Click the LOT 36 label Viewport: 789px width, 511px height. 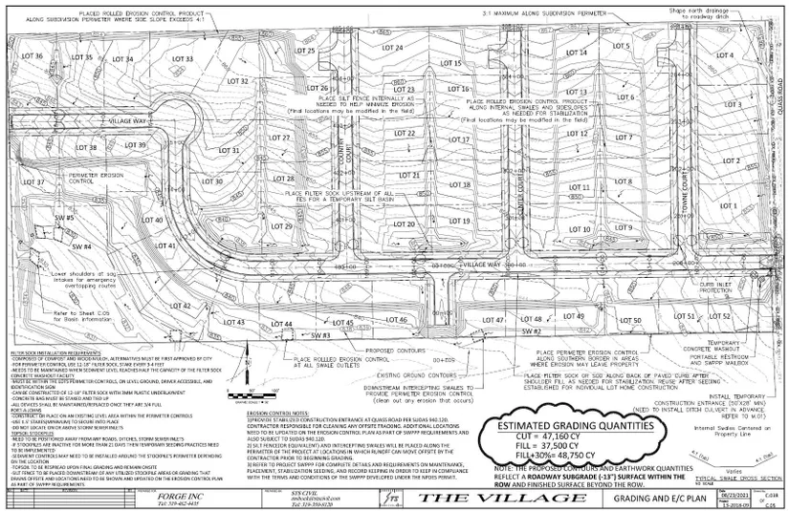pos(33,57)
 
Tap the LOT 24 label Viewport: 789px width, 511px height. pos(390,47)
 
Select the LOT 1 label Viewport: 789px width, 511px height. pos(728,205)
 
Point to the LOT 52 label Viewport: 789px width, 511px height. pos(719,316)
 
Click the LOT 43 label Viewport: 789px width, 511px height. pos(233,323)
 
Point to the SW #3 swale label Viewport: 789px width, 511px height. pos(319,336)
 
